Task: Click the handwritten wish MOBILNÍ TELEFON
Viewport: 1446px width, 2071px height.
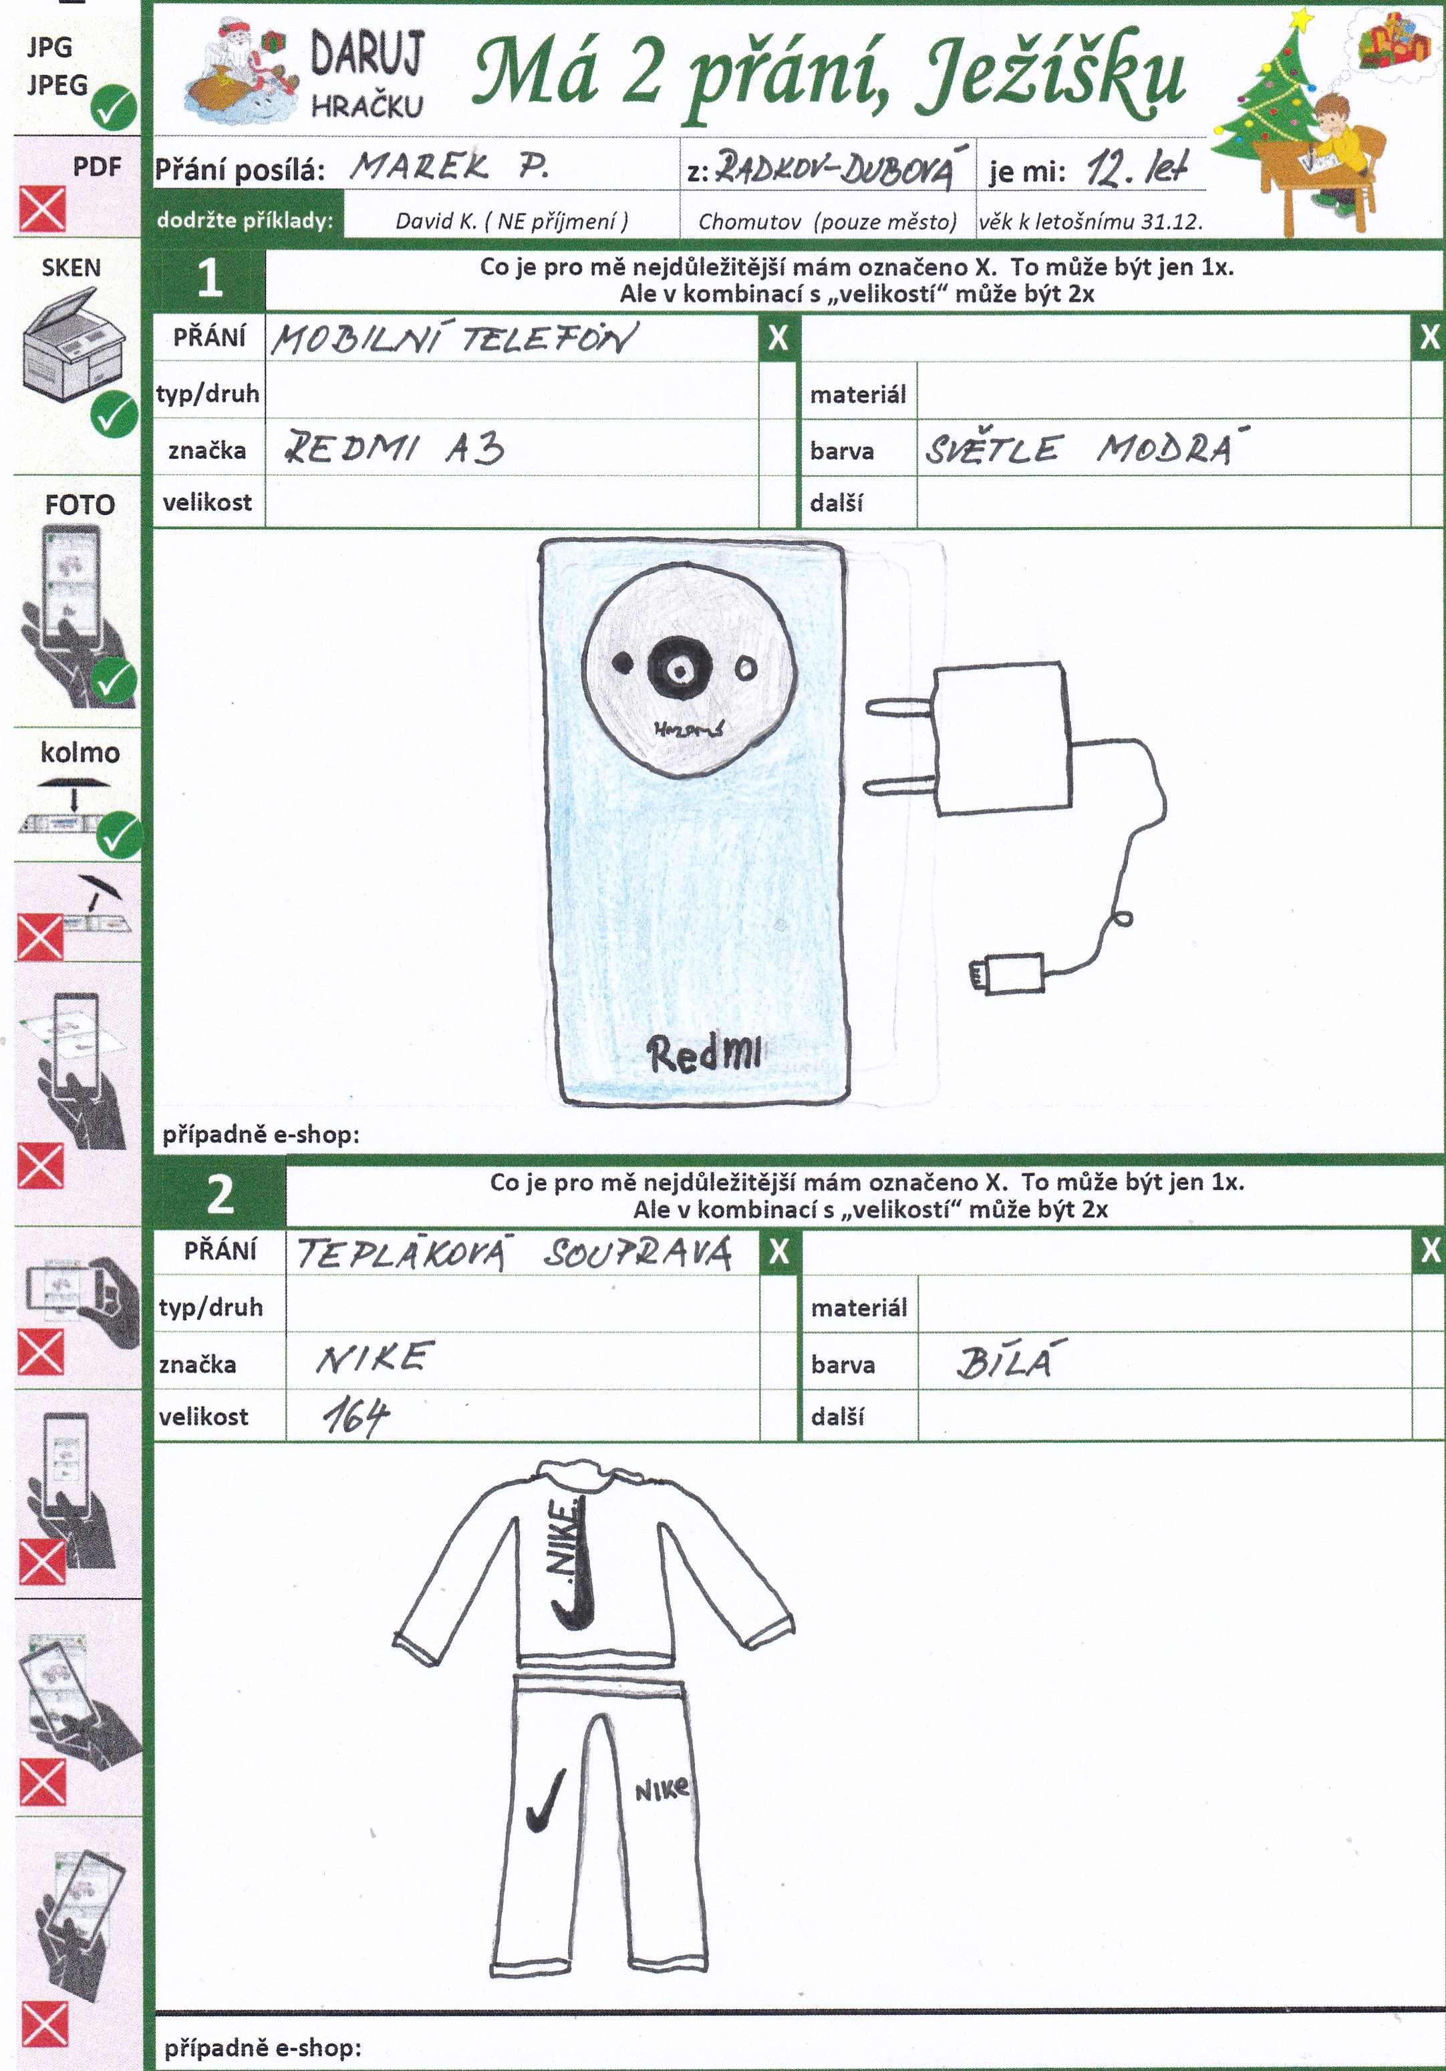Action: (453, 339)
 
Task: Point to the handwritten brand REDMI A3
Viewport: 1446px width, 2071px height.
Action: (394, 448)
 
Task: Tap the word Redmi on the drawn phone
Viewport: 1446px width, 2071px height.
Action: (704, 1054)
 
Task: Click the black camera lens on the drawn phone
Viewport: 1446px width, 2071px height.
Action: (680, 669)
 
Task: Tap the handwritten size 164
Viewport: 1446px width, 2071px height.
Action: (355, 1416)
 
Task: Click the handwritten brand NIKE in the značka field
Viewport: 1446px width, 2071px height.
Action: (374, 1358)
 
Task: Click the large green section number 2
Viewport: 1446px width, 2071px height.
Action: (220, 1195)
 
